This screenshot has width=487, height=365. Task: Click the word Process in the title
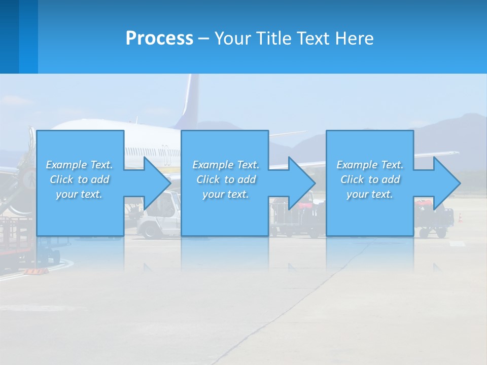click(x=159, y=39)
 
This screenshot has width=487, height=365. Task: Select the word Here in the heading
click(x=355, y=39)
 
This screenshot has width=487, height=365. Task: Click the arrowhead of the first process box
click(x=157, y=183)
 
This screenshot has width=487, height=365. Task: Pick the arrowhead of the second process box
click(x=302, y=183)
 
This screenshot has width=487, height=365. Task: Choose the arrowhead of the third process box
click(x=446, y=183)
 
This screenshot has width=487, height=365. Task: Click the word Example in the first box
click(x=66, y=165)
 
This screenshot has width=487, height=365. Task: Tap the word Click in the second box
click(x=208, y=179)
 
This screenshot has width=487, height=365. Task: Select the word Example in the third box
click(x=357, y=165)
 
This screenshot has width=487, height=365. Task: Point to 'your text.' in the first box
click(x=79, y=194)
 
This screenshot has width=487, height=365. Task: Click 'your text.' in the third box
click(x=370, y=194)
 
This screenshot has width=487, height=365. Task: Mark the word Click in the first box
click(x=61, y=179)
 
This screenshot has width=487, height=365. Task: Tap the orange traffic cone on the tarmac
click(x=460, y=217)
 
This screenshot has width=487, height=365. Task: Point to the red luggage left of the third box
click(x=304, y=206)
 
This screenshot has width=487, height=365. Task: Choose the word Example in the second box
click(x=213, y=165)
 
